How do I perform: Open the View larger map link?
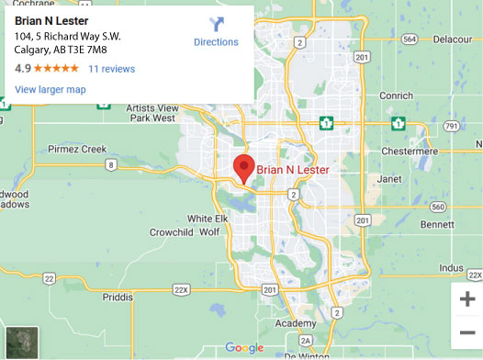pyautogui.click(x=51, y=89)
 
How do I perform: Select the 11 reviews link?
pyautogui.click(x=111, y=69)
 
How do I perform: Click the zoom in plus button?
pyautogui.click(x=466, y=298)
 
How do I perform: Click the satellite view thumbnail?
pyautogui.click(x=22, y=341)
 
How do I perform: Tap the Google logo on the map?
pyautogui.click(x=244, y=347)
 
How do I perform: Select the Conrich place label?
pyautogui.click(x=396, y=96)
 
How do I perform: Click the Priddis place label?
pyautogui.click(x=117, y=298)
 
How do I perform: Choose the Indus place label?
pyautogui.click(x=451, y=267)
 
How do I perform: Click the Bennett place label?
pyautogui.click(x=437, y=223)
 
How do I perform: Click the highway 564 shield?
pyautogui.click(x=410, y=39)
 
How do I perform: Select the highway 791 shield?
pyautogui.click(x=449, y=125)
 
